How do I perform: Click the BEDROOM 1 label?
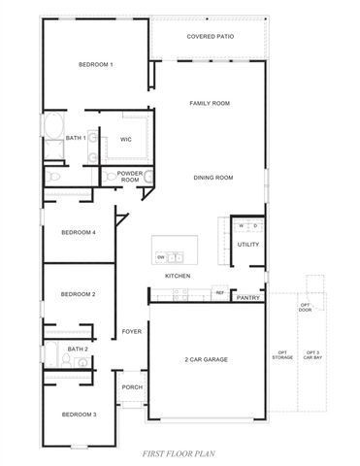[x=96, y=65]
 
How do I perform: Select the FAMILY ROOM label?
[x=209, y=102]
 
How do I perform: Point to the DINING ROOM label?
[x=213, y=178]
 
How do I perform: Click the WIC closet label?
[x=125, y=140]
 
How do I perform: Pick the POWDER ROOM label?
[x=130, y=177]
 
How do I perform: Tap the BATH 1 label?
[x=77, y=139]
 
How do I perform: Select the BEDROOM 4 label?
[x=79, y=233]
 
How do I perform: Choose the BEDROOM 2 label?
[x=79, y=293]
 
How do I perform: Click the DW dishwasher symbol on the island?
[x=161, y=256]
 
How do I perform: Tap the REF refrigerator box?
[x=219, y=291]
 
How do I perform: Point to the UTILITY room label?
[x=247, y=245]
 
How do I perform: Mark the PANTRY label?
[x=247, y=298]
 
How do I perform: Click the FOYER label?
[x=131, y=331]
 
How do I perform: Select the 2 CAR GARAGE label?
[x=206, y=359]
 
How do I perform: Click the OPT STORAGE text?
[x=283, y=355]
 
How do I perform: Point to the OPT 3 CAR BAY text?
[x=311, y=355]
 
